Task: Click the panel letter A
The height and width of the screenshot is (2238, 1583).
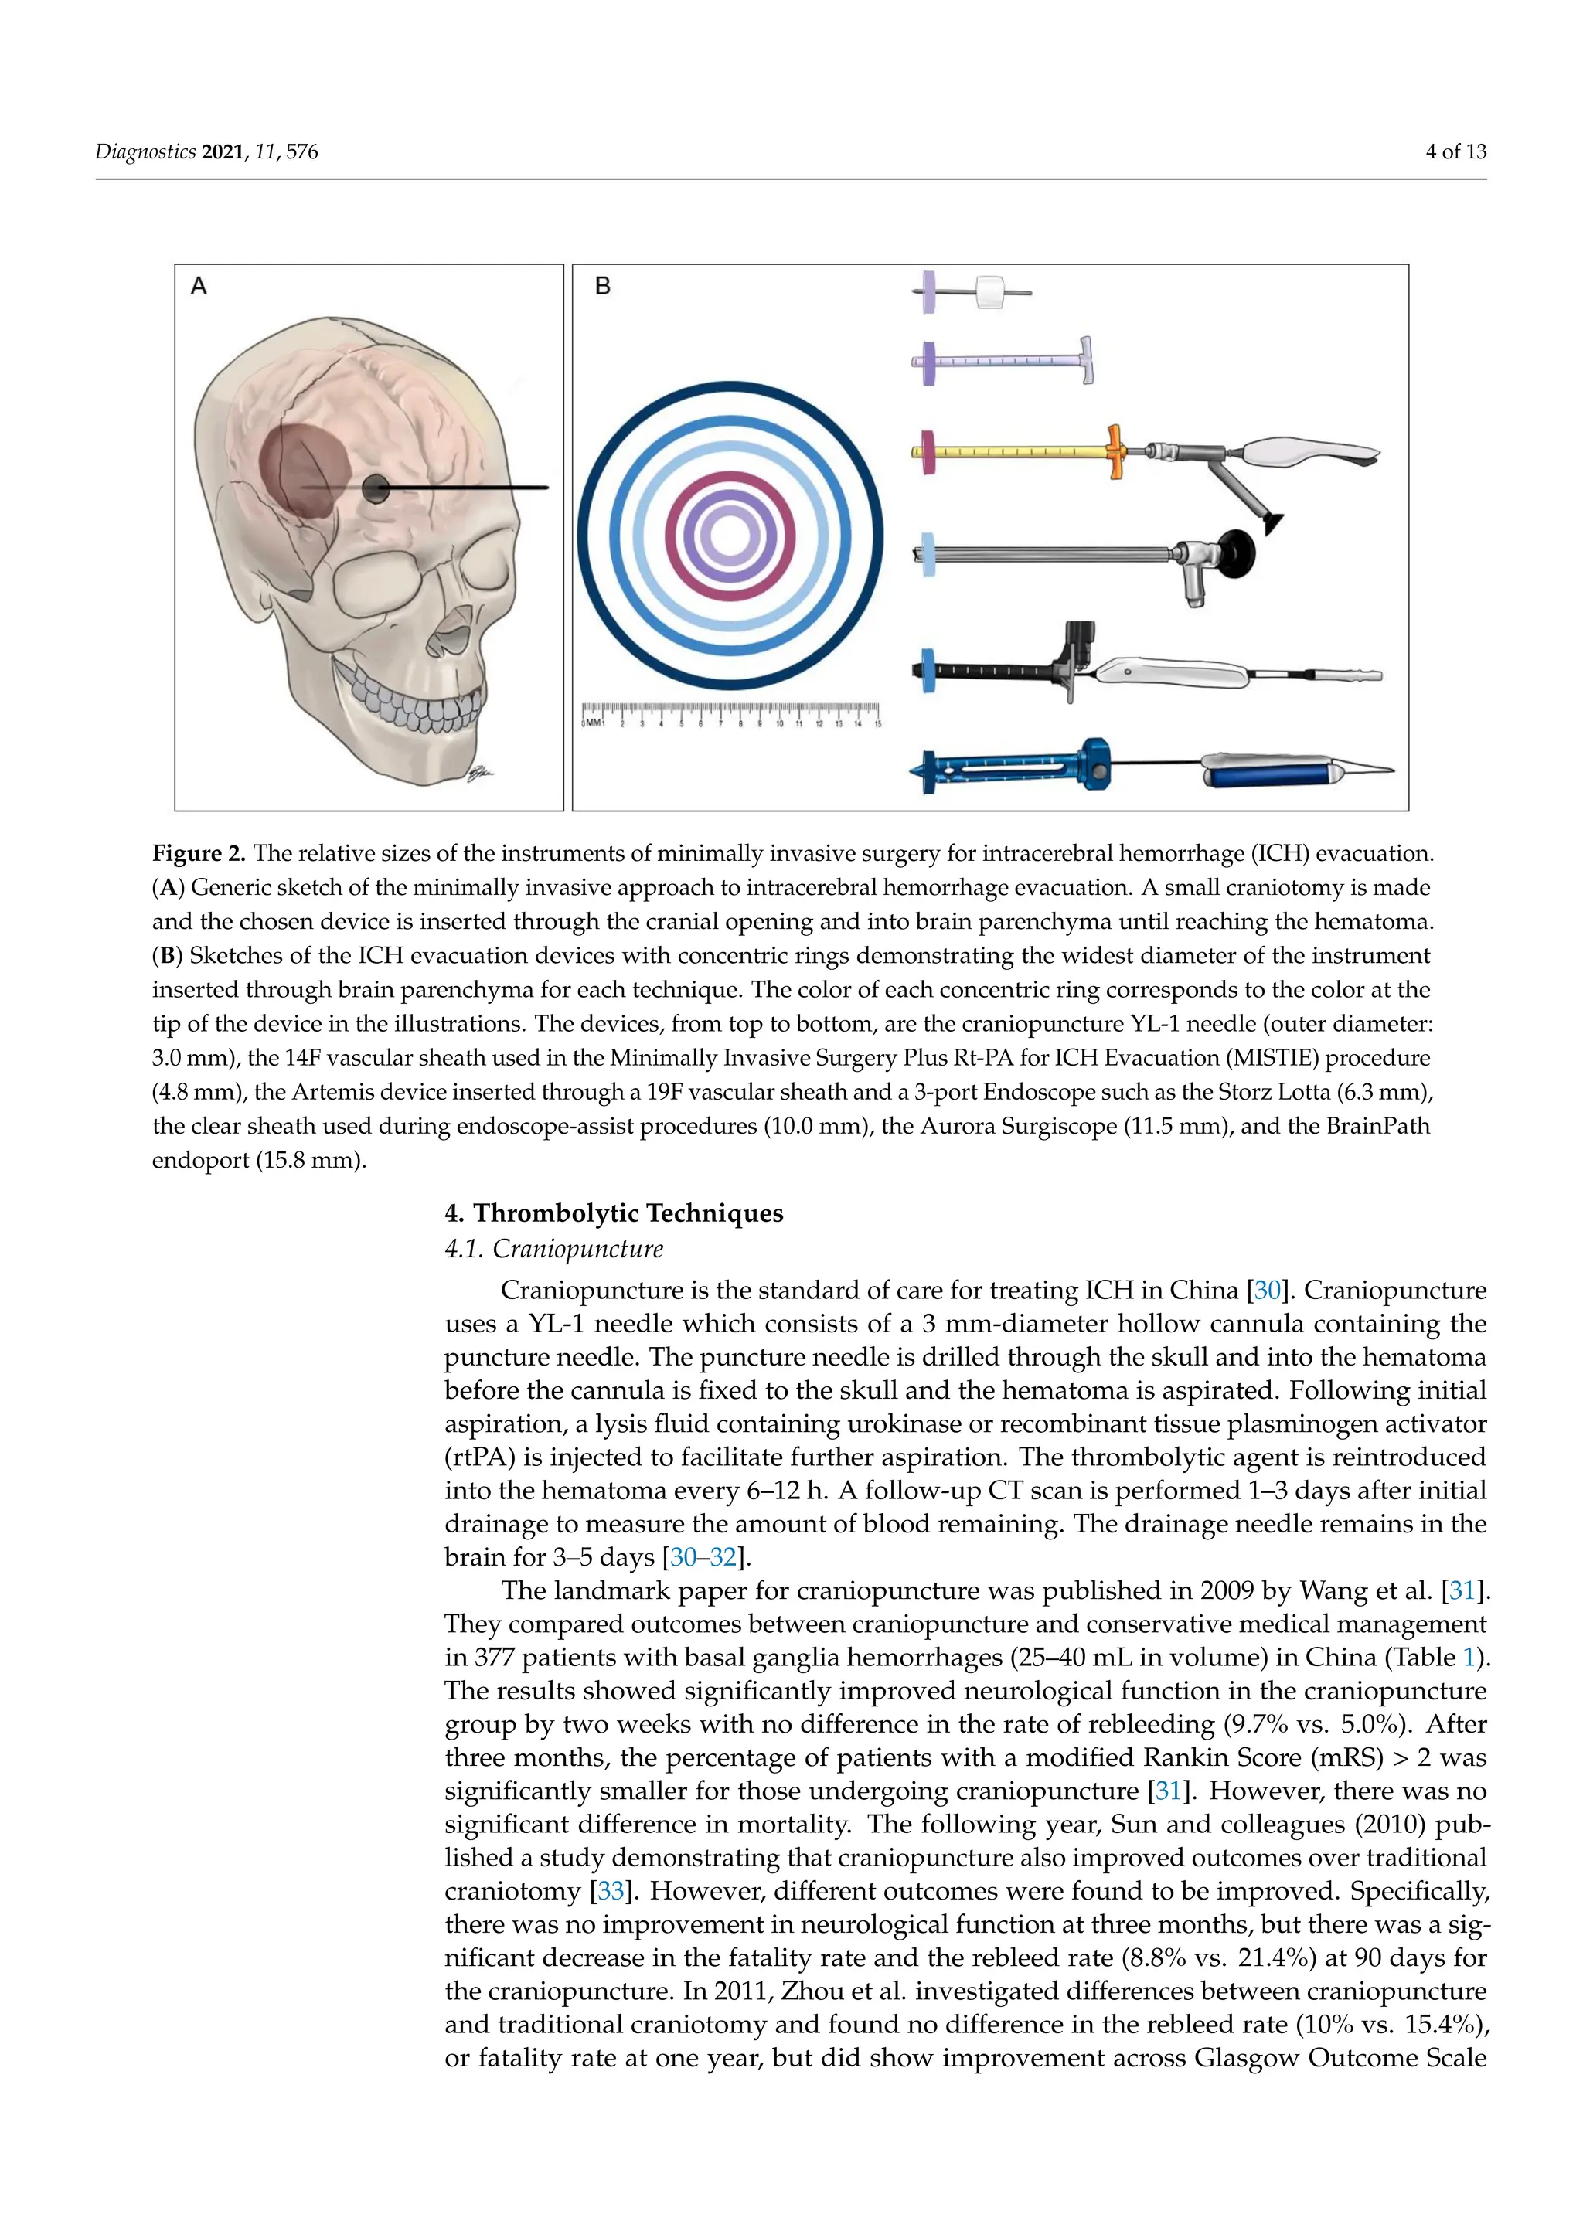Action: pyautogui.click(x=199, y=287)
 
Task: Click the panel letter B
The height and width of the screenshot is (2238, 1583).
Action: pyautogui.click(x=602, y=287)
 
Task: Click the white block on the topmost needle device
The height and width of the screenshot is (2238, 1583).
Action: pyautogui.click(x=990, y=291)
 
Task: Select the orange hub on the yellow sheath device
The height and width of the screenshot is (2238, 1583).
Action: pyautogui.click(x=1113, y=451)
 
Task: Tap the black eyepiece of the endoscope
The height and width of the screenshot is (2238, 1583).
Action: pyautogui.click(x=1235, y=553)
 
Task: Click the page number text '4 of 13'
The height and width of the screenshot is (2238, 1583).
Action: pyautogui.click(x=1455, y=152)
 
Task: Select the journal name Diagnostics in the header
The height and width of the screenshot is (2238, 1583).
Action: pyautogui.click(x=145, y=152)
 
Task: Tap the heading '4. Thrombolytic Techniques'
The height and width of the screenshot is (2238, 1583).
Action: pyautogui.click(x=614, y=1213)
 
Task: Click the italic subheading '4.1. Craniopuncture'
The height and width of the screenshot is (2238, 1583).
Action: pyautogui.click(x=553, y=1249)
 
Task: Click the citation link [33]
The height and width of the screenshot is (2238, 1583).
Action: pyautogui.click(x=610, y=1891)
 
